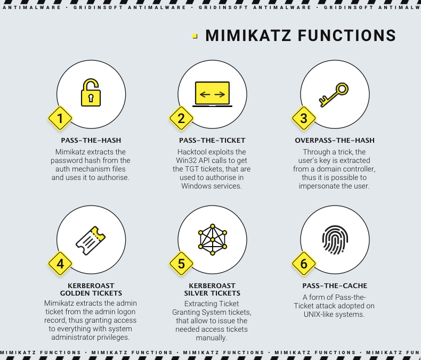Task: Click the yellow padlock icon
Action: tap(91, 93)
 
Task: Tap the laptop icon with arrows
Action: tap(212, 94)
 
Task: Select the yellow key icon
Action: tap(334, 94)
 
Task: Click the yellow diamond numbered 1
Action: tap(60, 118)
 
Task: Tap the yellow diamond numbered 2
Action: tap(181, 118)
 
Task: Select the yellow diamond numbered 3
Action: tap(304, 118)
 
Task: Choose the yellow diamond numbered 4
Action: tap(60, 264)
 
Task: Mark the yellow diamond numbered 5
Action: tap(181, 264)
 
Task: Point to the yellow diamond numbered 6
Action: tap(304, 264)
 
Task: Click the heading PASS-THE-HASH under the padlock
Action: tap(91, 141)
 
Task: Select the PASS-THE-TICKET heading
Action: tap(212, 141)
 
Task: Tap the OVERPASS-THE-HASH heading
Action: tap(335, 141)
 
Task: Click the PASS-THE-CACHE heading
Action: tap(335, 286)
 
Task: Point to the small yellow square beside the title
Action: tap(195, 36)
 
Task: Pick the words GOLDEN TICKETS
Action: tap(91, 293)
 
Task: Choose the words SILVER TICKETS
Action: tap(212, 293)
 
